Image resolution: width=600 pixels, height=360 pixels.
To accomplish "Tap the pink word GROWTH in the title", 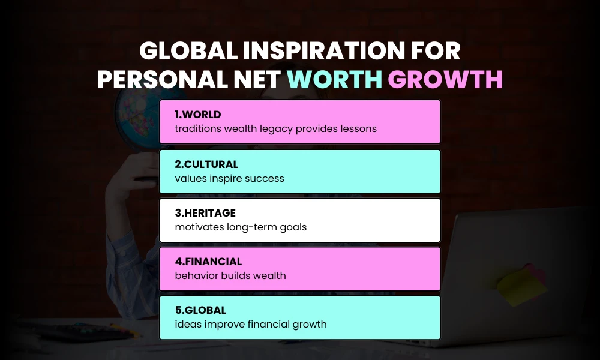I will click(445, 80).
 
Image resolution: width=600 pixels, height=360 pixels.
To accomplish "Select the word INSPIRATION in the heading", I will click(313, 52).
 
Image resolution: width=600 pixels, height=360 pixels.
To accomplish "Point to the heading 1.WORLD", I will click(198, 115).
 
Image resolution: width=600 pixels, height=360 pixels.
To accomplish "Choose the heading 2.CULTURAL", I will click(206, 164).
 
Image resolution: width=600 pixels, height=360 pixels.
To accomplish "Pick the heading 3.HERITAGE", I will click(205, 213).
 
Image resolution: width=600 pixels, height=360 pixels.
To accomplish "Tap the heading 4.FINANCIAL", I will click(208, 262).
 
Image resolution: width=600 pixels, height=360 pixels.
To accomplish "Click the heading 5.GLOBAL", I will click(200, 310).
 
